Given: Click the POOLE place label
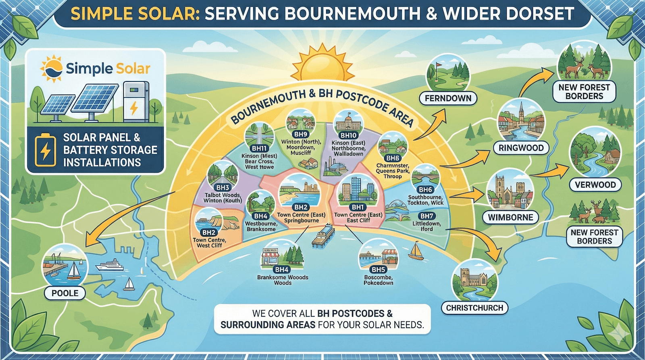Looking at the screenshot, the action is point(65,293).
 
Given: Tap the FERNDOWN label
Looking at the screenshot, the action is point(448,98).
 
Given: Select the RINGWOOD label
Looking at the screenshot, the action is point(521,148).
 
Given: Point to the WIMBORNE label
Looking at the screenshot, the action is point(510,217).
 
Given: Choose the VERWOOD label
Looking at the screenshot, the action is point(595,185).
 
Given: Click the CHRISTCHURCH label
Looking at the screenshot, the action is point(474,308).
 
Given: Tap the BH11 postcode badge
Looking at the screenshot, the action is point(260,148).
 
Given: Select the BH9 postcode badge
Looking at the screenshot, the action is point(301,134).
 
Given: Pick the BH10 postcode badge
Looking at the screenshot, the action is point(348,135).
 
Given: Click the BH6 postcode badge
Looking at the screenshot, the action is point(425,189).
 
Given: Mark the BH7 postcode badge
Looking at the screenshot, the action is point(427,216).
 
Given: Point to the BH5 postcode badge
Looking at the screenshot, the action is point(378,269).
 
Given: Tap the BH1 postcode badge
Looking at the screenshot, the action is point(358,207).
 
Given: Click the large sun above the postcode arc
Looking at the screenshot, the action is point(322,65).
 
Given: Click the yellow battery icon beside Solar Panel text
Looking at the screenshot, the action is point(46,151).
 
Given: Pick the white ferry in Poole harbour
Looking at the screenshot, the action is point(109,265).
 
